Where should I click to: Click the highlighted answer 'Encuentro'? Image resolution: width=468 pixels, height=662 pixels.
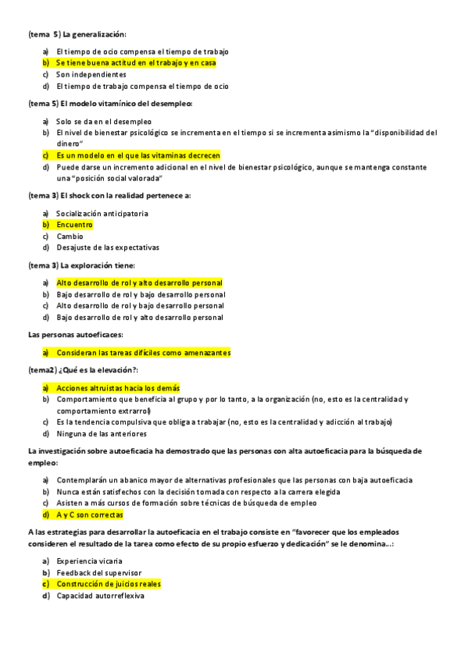coord(74,225)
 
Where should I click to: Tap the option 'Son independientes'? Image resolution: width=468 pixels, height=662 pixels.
coord(91,74)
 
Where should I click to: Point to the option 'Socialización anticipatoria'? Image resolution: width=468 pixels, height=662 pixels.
coord(102,213)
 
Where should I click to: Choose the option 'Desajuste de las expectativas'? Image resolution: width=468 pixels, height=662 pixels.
coord(108,247)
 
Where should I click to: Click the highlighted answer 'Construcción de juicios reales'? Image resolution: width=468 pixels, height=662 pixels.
coord(109,584)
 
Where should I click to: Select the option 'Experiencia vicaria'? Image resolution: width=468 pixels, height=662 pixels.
coord(90,561)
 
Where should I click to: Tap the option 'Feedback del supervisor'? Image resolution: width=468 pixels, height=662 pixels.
coord(99,573)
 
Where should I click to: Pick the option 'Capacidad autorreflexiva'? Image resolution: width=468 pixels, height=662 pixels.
coord(101,596)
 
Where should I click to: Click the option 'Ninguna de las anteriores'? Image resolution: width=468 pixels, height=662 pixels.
coord(102,433)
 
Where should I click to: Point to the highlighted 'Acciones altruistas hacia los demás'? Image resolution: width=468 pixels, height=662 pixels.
coord(118,388)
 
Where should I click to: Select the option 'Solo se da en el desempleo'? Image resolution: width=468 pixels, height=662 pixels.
coord(104,121)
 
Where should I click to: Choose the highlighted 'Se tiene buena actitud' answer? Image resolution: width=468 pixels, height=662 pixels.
coord(136,62)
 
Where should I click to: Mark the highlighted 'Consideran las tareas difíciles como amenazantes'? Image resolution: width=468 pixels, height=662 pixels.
coord(143,353)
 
